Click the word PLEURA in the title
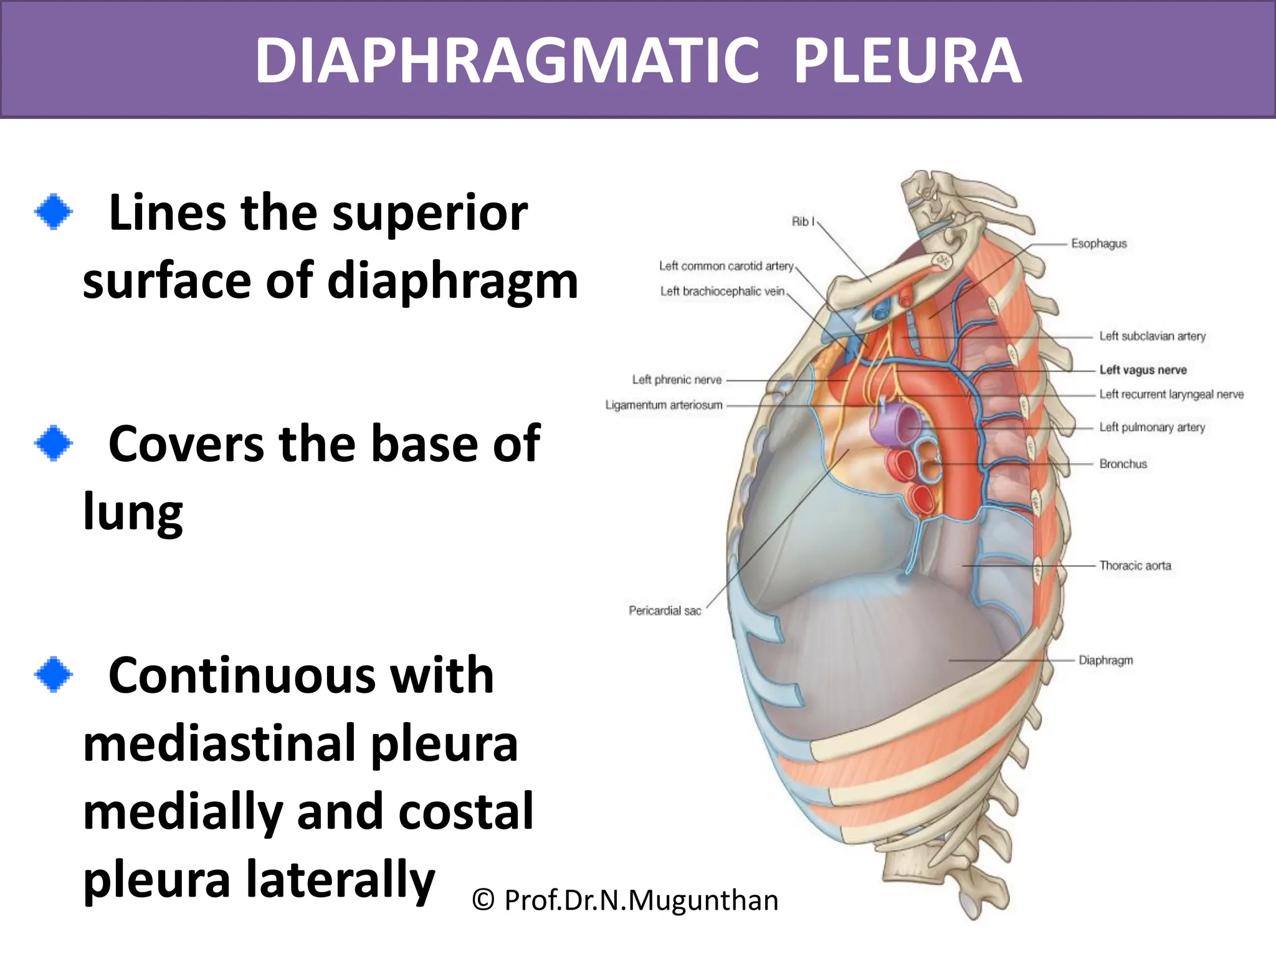point(908,61)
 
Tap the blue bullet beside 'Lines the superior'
point(54,212)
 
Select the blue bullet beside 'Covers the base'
point(54,443)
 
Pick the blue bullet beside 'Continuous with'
point(54,674)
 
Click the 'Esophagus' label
point(1098,244)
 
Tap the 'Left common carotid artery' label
point(726,266)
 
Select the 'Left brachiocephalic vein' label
point(722,291)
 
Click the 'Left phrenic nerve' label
point(677,379)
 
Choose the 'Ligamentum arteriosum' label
point(664,405)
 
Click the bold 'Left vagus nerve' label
point(1143,369)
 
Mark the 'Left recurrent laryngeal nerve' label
point(1171,394)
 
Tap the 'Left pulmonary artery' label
point(1152,427)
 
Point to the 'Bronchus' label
point(1123,464)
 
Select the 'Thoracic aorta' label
point(1135,566)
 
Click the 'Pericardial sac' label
point(665,611)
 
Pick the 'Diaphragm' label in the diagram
point(1105,660)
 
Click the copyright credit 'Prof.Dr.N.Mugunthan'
point(626,900)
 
